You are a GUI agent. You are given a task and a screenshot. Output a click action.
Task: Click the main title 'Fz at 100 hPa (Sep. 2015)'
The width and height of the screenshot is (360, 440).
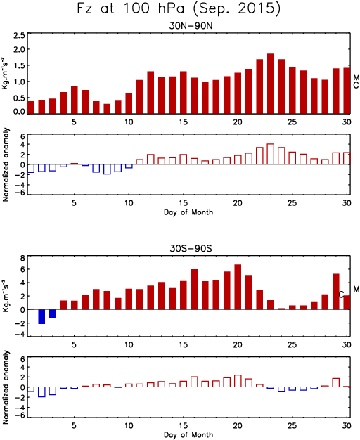click(x=179, y=8)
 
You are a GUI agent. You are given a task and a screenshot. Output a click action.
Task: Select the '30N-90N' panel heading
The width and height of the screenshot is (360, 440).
click(x=191, y=26)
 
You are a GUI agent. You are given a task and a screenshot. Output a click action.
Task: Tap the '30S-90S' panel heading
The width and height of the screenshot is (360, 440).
click(x=191, y=248)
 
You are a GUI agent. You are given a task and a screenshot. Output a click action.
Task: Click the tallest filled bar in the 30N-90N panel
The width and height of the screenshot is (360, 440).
click(x=271, y=84)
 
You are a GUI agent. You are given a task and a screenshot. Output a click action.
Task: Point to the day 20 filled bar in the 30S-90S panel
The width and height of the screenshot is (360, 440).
click(x=238, y=287)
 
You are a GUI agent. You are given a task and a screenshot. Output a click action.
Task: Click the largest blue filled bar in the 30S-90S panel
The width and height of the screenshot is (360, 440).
click(x=41, y=317)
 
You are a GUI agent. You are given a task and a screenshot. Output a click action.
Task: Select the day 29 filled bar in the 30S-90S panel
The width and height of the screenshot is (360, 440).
click(x=336, y=292)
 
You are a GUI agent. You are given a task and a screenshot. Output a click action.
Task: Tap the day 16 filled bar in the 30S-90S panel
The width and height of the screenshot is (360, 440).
click(x=194, y=290)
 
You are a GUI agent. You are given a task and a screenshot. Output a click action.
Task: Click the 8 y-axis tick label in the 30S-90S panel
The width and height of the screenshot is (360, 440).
click(x=22, y=258)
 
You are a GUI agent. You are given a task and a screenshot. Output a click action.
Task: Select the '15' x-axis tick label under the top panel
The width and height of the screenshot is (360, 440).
click(x=184, y=122)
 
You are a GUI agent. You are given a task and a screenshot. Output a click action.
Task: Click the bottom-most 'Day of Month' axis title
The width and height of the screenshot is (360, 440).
click(x=188, y=434)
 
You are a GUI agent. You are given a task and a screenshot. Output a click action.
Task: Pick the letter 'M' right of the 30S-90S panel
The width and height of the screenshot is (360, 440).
click(x=356, y=289)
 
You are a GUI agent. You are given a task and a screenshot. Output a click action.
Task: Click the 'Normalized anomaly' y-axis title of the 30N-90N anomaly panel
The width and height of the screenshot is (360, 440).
click(x=6, y=164)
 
